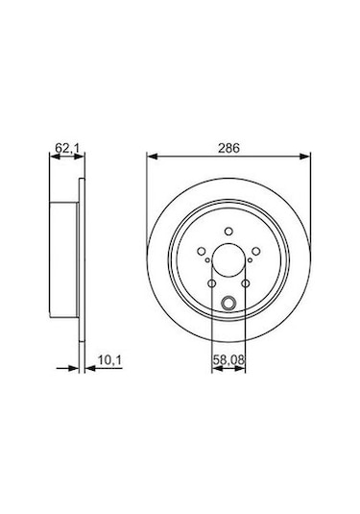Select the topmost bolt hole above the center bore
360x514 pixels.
coord(228,230)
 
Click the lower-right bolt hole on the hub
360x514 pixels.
coord(246,283)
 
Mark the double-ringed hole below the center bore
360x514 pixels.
coord(228,306)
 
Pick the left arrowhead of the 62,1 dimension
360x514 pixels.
coord(49,161)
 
